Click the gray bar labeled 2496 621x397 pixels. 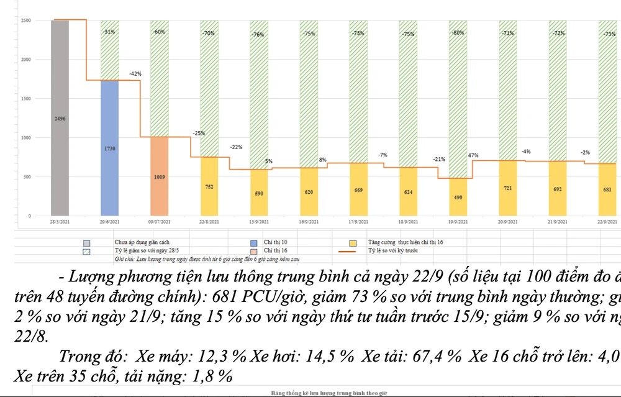click(x=60, y=118)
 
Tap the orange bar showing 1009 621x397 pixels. click(x=160, y=176)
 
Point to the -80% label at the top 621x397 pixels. click(x=458, y=32)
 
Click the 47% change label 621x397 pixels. click(x=473, y=155)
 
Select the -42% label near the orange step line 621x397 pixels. click(x=135, y=74)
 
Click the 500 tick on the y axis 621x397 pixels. click(x=27, y=177)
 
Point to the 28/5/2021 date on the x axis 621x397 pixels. click(x=60, y=222)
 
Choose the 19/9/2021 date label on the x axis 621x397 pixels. click(x=458, y=222)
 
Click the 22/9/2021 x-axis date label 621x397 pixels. click(x=607, y=222)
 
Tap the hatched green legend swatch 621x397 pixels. click(x=86, y=250)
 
